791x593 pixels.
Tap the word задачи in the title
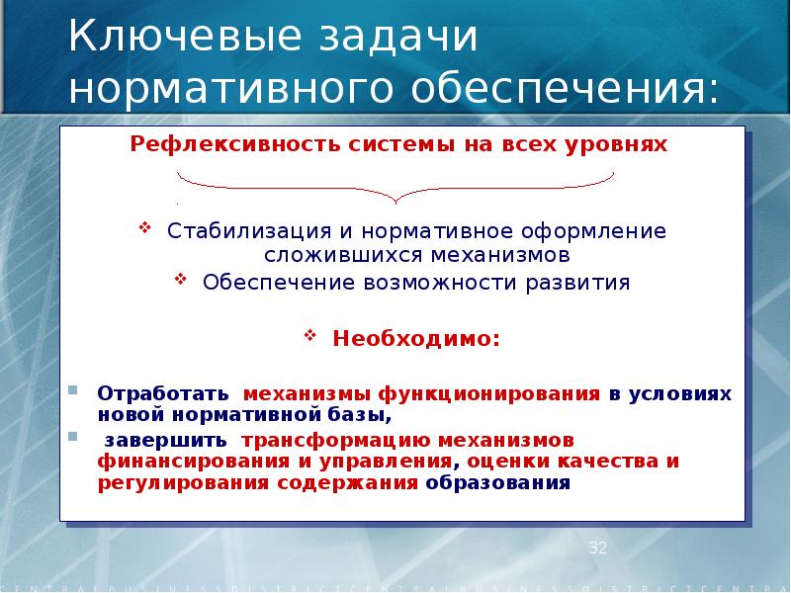(394, 41)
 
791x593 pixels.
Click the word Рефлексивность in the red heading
(234, 145)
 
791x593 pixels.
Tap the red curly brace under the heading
(395, 186)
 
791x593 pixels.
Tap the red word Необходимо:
(415, 339)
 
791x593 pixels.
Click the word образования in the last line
(498, 483)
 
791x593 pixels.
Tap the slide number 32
(597, 548)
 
